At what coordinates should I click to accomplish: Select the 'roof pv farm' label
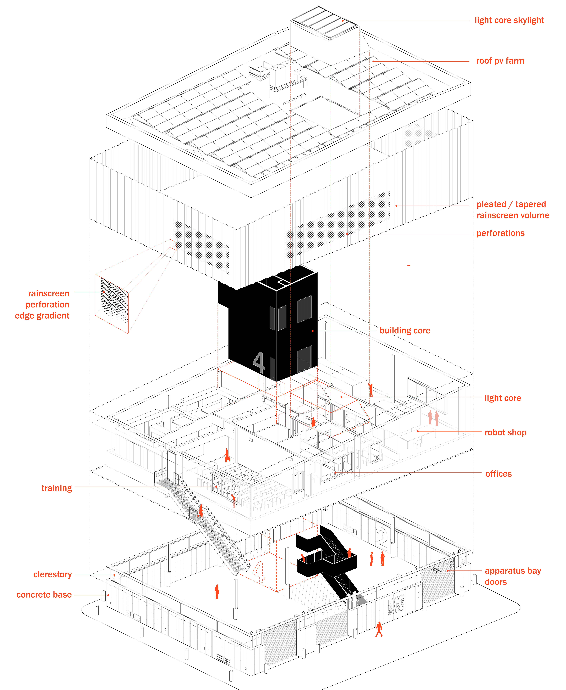coord(500,61)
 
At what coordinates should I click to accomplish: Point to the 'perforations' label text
coord(500,233)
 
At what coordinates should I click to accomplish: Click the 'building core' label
coord(405,331)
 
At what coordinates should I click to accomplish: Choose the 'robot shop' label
coord(505,433)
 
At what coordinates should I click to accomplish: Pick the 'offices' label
coord(498,474)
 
